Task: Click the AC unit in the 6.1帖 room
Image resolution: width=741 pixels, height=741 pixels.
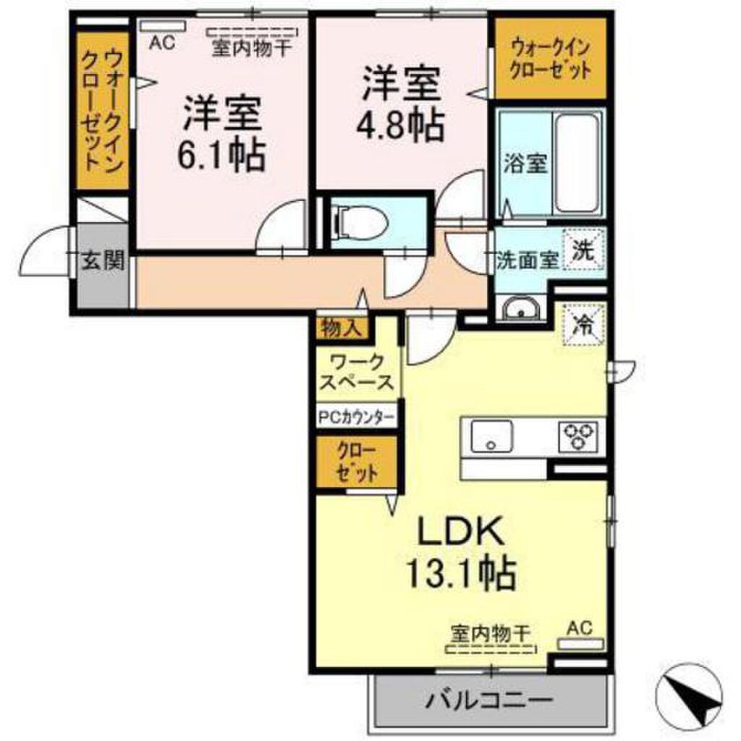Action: pyautogui.click(x=163, y=27)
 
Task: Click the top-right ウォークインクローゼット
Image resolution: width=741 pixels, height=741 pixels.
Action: pyautogui.click(x=551, y=59)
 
